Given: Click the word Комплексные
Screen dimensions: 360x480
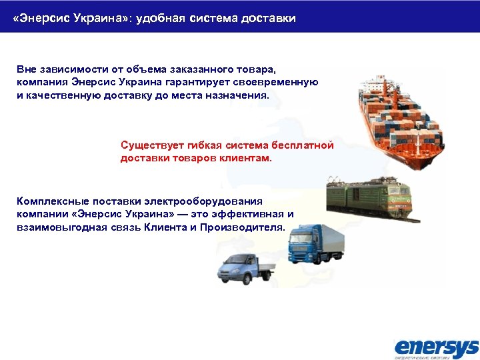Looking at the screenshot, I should [x=51, y=201].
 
